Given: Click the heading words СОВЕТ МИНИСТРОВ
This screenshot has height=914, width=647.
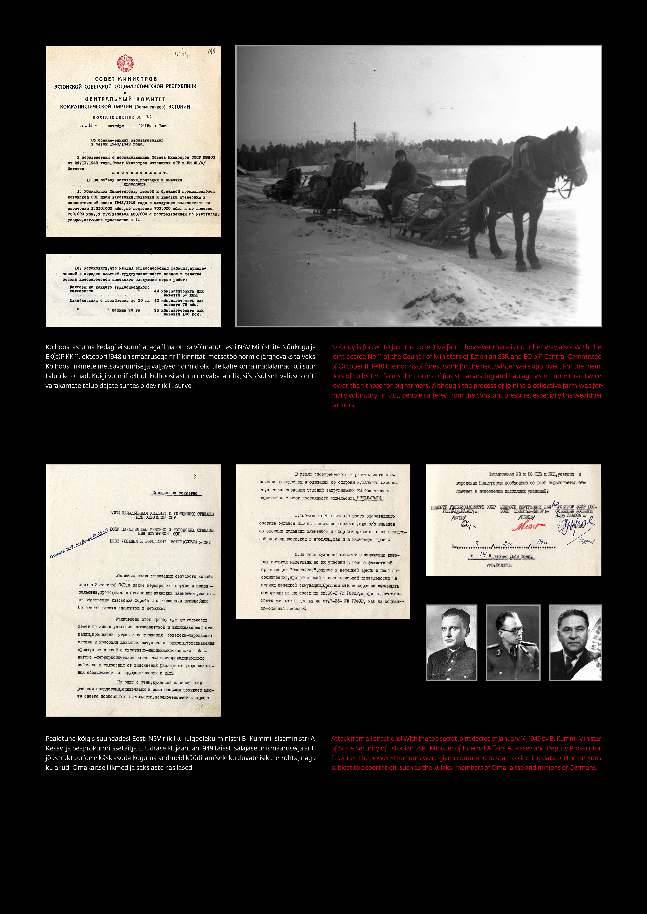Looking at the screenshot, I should tap(126, 79).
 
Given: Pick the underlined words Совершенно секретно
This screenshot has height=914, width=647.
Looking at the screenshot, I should tap(175, 493).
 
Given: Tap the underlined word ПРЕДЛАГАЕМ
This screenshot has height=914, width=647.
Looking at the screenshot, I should tap(369, 498).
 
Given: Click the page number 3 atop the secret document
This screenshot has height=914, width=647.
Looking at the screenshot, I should tap(194, 476).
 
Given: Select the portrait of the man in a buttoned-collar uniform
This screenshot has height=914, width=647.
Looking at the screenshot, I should tap(451, 643).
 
